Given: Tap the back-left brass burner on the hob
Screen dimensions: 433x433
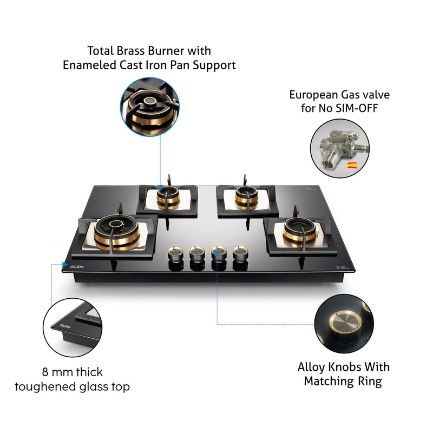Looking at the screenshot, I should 168,198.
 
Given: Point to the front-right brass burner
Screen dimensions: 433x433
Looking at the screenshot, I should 298,229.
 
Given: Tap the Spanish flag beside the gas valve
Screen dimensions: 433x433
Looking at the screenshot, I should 351,165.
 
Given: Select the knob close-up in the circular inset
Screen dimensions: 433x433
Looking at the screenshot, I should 344,323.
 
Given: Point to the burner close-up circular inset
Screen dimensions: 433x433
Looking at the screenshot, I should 146,104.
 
